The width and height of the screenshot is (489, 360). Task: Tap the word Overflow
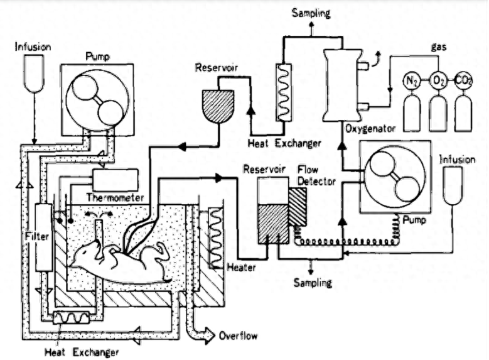click(237, 335)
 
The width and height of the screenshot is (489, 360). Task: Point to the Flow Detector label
click(317, 176)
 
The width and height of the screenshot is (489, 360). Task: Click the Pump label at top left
click(99, 58)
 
